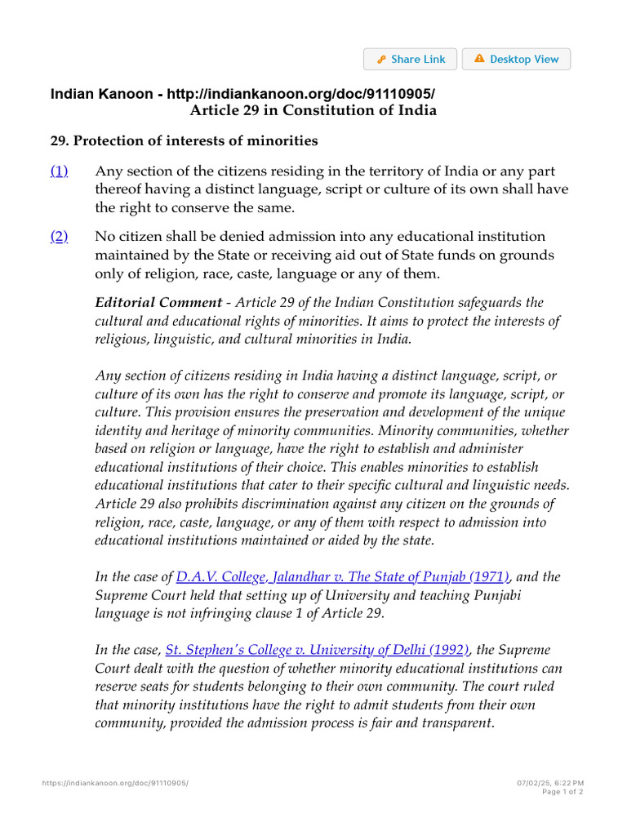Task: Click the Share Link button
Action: [411, 60]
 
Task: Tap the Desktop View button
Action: [516, 60]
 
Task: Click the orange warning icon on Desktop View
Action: [479, 59]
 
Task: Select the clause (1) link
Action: [60, 171]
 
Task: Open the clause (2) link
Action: [60, 236]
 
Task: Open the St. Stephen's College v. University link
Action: [318, 650]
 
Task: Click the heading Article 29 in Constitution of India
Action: [313, 110]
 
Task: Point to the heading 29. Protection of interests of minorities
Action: [185, 140]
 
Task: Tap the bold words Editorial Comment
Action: [158, 303]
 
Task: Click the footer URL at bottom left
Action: [115, 783]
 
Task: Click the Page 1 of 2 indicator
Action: [563, 792]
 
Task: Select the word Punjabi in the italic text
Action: [494, 595]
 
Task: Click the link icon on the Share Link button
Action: [381, 60]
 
